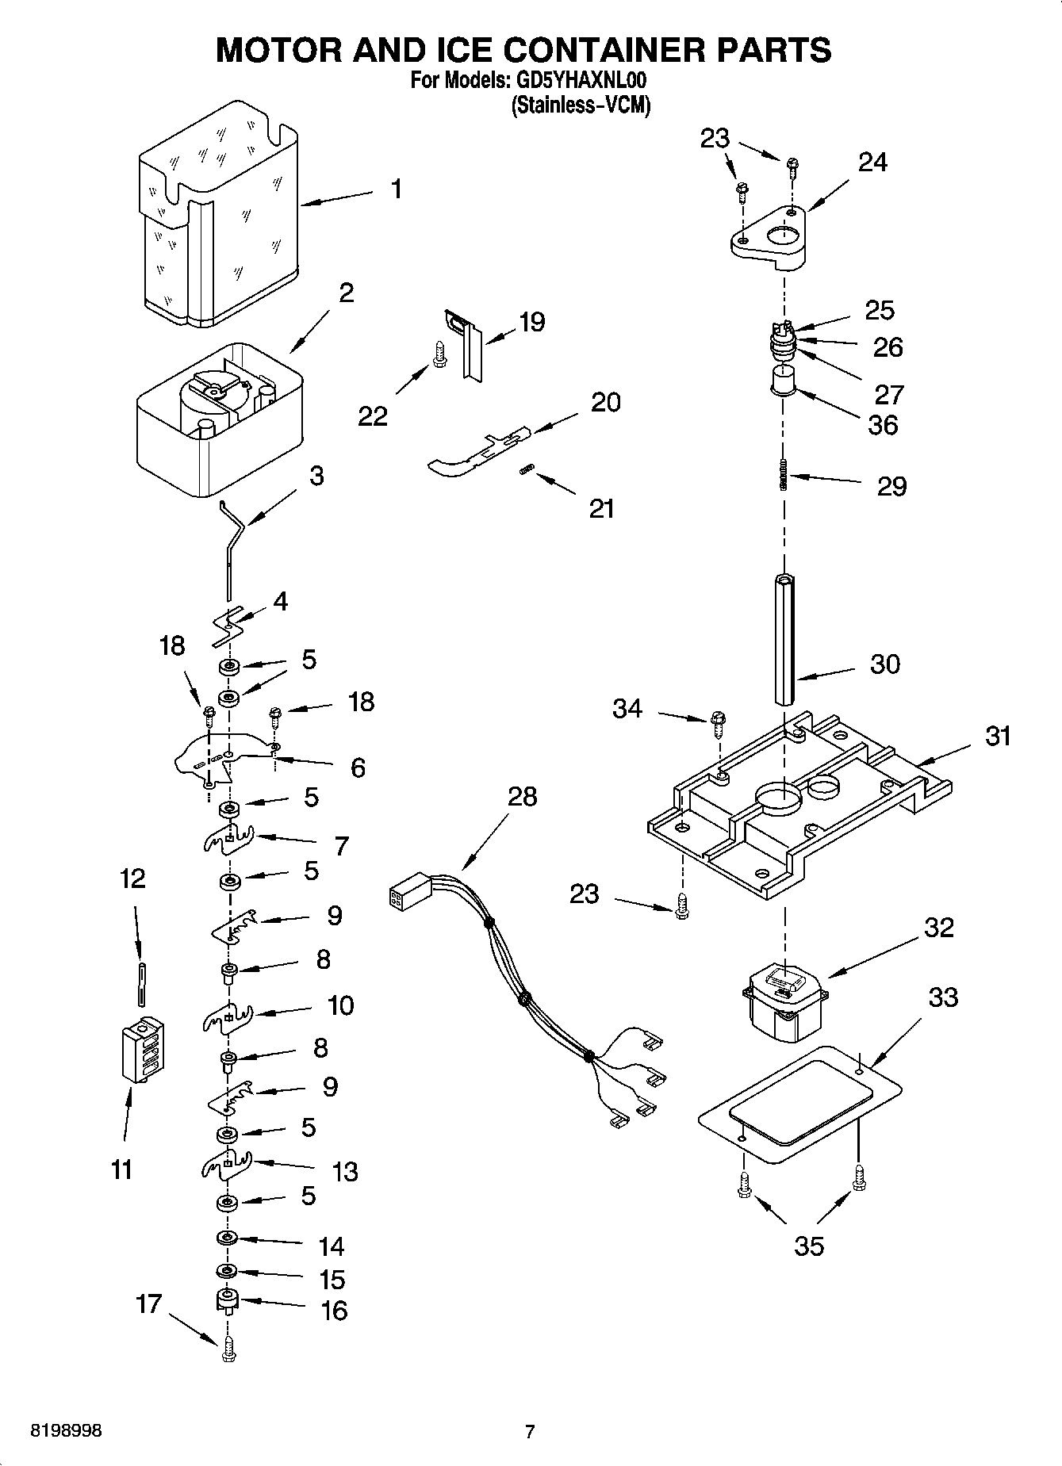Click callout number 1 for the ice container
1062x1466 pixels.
396,189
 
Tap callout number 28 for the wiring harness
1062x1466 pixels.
522,796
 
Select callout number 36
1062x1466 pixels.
883,426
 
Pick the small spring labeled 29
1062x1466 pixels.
784,476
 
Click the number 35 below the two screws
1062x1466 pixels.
809,1246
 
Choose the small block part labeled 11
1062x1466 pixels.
143,1048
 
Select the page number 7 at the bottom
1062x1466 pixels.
530,1432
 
